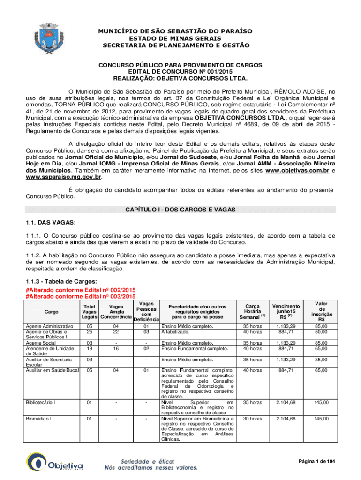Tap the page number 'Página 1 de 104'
pos(316,462)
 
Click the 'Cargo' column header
pos(52,311)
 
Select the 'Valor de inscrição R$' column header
pos(321,311)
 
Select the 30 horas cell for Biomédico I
pos(253,419)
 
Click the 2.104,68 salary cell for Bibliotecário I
pos(286,402)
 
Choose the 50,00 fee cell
pos(321,332)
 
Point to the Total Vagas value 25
pos(89,332)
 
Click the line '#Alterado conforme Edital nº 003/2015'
pos(81,296)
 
